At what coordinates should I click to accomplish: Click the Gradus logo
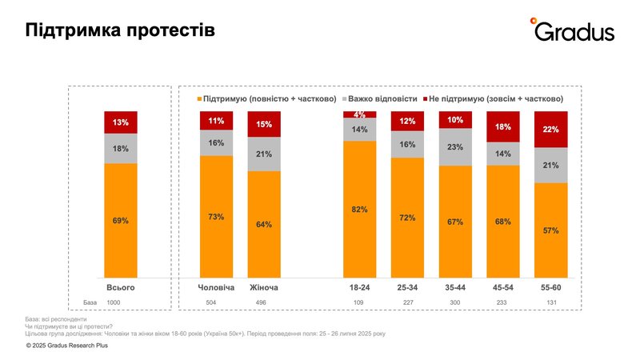click(x=574, y=30)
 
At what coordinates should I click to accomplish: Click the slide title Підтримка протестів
click(x=120, y=30)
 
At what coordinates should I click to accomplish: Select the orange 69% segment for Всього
click(x=120, y=220)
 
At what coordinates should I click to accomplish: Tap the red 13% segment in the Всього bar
click(x=120, y=122)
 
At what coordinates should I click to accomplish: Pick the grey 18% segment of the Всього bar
click(x=120, y=149)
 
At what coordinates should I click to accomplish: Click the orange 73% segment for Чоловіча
click(x=216, y=216)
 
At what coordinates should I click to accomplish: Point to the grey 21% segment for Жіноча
click(x=264, y=154)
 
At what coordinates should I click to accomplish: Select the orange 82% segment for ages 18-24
click(x=359, y=210)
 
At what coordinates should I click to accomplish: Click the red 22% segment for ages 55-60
click(x=550, y=130)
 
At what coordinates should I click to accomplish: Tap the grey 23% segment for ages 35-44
click(x=455, y=148)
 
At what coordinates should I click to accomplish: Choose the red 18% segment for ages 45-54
click(x=503, y=127)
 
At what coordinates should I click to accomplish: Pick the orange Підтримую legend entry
click(x=267, y=98)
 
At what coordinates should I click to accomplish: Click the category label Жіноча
click(x=264, y=286)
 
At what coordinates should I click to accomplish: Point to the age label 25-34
click(x=407, y=286)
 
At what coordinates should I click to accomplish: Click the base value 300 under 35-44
click(x=455, y=303)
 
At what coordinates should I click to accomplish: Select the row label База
click(x=90, y=303)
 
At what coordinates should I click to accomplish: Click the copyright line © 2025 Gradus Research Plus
click(x=67, y=346)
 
